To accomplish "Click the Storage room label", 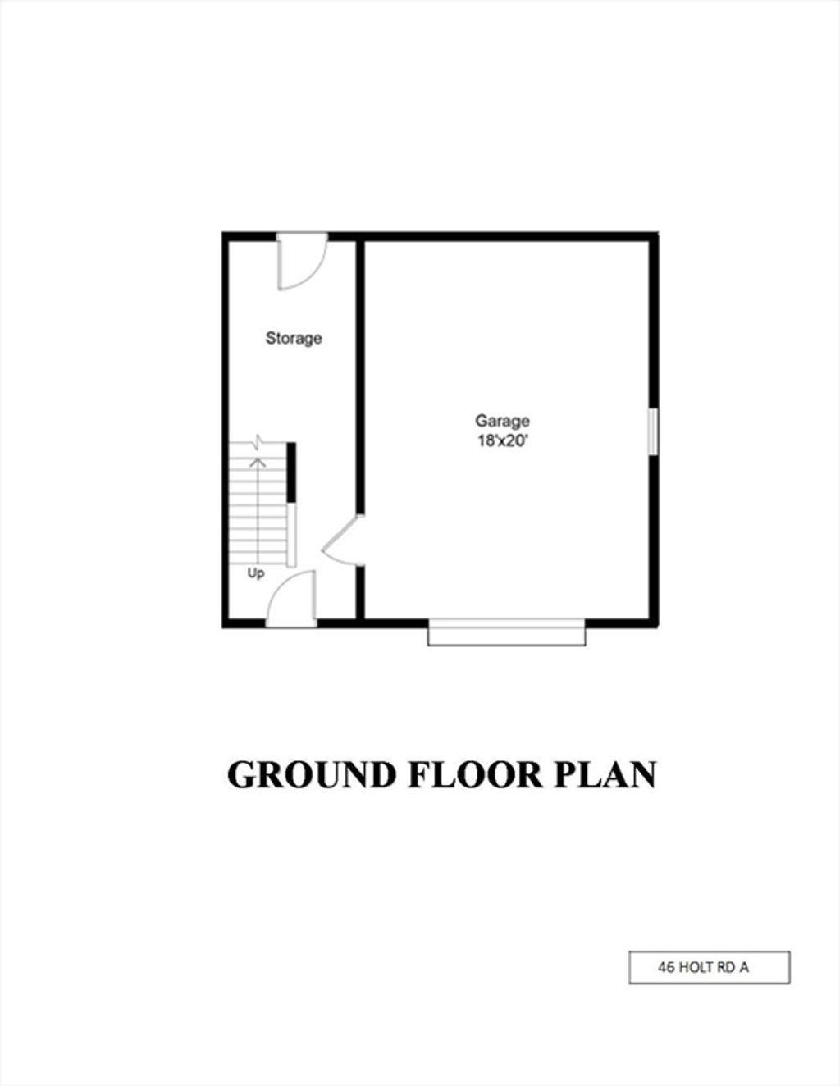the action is [x=294, y=338].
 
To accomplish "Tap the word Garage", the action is [x=502, y=421].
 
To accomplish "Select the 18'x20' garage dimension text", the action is [x=502, y=442].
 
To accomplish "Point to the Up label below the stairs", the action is [x=256, y=573].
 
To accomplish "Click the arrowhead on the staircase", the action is [x=258, y=462].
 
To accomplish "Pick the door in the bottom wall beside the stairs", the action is [x=291, y=599].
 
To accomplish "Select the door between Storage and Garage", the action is [x=342, y=540].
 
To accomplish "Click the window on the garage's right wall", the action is [x=653, y=431].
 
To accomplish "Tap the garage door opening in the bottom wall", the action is [x=507, y=632].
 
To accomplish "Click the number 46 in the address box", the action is [x=665, y=968].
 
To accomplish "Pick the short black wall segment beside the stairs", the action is [x=291, y=472].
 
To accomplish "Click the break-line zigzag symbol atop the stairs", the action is [x=258, y=442].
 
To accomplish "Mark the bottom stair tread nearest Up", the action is [x=258, y=563].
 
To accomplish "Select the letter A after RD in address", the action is [x=744, y=968].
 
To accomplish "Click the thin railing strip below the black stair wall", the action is [x=291, y=535].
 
